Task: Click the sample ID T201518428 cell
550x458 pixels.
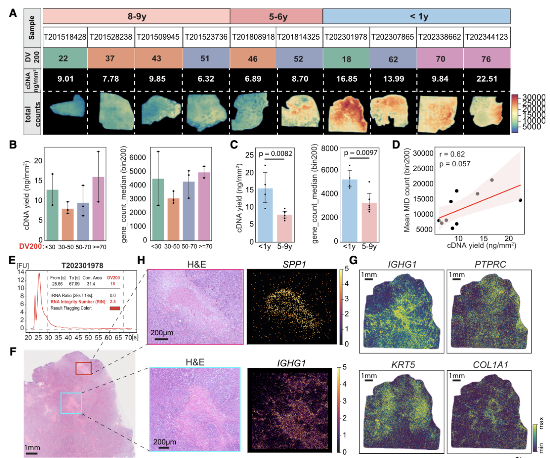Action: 65,37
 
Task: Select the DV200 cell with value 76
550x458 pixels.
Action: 486,59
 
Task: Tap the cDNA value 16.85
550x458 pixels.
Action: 346,79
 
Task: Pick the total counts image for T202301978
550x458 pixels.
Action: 346,112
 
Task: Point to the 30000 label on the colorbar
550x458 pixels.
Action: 534,98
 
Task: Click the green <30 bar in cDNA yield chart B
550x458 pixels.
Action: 53,214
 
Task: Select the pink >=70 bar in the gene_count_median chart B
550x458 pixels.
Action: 204,205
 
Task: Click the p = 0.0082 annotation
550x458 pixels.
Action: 275,154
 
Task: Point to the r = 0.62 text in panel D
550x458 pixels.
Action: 452,154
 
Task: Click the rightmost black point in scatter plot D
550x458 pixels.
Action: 520,200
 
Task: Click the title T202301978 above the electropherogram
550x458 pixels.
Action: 82,266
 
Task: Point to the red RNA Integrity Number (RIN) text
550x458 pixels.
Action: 79,301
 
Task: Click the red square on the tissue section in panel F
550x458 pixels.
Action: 83,368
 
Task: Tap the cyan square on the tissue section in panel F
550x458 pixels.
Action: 71,403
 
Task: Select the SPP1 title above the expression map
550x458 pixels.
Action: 294,265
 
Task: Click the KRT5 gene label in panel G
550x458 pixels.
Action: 403,365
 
